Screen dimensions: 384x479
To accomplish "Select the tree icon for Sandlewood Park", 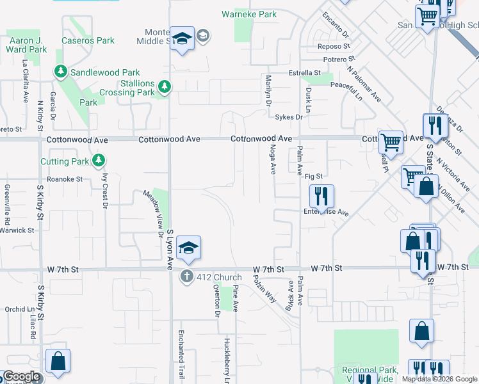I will pyautogui.click(x=61, y=72).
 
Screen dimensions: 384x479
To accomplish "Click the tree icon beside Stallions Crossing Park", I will pyautogui.click(x=165, y=86).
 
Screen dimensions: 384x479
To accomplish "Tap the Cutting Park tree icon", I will pyautogui.click(x=98, y=159).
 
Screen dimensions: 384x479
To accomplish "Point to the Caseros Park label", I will pyautogui.click(x=88, y=40).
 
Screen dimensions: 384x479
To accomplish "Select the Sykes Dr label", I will pyautogui.click(x=288, y=117).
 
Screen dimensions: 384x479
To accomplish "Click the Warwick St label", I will pyautogui.click(x=17, y=230).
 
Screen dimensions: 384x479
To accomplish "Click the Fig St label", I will pyautogui.click(x=313, y=176).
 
